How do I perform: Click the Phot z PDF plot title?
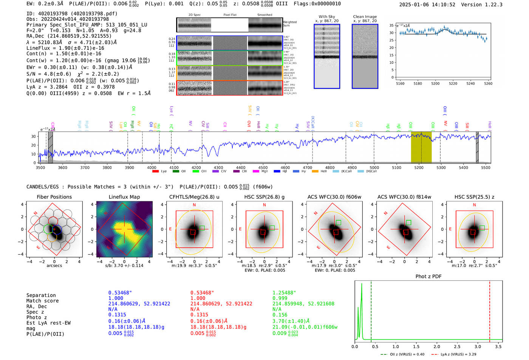click(428, 277)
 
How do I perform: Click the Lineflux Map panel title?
click(124, 197)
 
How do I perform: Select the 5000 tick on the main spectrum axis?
click(374, 167)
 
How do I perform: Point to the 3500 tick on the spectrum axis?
click(40, 167)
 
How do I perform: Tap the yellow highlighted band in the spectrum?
click(421, 147)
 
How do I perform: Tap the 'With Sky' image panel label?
click(326, 17)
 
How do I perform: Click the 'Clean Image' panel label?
click(365, 17)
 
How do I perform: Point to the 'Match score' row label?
click(42, 301)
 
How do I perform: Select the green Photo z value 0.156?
click(280, 315)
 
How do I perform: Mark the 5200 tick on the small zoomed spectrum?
click(435, 83)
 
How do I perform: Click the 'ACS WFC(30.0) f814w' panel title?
click(404, 197)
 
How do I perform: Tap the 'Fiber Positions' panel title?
click(54, 197)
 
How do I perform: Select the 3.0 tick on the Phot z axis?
click(478, 346)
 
